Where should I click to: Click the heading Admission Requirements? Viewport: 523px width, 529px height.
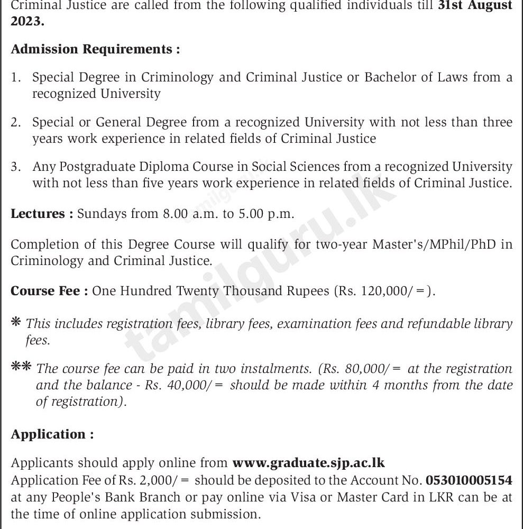click(95, 49)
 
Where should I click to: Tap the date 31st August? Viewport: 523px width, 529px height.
click(473, 6)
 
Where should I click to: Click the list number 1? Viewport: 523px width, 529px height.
click(16, 78)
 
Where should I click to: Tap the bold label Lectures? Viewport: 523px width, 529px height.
click(42, 214)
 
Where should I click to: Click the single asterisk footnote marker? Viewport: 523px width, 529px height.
click(16, 322)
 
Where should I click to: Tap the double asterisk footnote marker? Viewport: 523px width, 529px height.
click(21, 367)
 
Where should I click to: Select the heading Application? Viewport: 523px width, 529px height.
click(52, 434)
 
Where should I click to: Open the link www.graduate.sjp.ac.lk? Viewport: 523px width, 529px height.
click(308, 463)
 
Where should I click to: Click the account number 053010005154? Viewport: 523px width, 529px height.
click(469, 480)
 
